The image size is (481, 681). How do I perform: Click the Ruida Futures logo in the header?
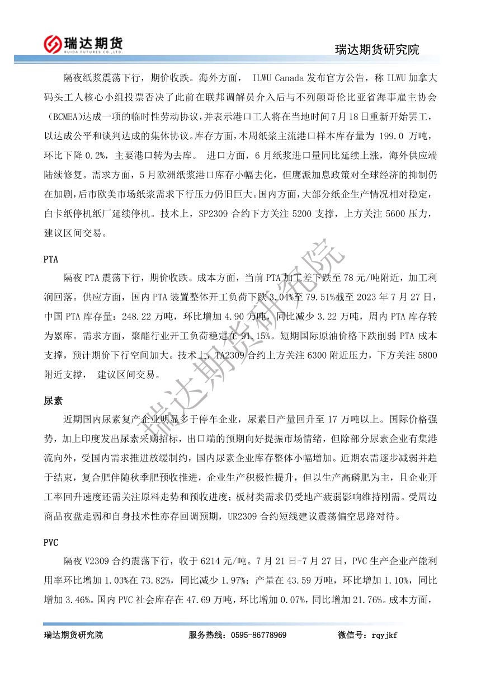pos(83,43)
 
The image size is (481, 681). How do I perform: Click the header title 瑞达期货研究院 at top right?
pos(376,50)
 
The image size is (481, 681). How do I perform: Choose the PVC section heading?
pos(51,542)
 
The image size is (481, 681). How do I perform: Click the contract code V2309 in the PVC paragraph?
pos(97,560)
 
